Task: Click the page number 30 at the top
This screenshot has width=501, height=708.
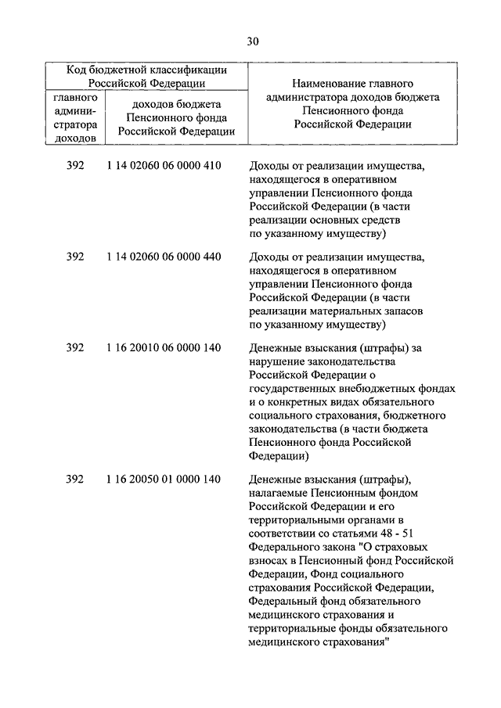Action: (x=250, y=41)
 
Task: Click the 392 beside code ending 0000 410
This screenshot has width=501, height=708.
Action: (x=75, y=166)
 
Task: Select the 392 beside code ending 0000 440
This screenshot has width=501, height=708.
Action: (x=75, y=256)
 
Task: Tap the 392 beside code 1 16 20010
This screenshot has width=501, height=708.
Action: (x=75, y=347)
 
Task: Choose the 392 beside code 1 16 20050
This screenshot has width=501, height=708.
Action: (x=75, y=479)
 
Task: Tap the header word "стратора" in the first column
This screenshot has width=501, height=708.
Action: (x=76, y=124)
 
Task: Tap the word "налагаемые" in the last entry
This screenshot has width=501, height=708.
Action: (x=279, y=493)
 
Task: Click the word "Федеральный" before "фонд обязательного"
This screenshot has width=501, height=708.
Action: (x=283, y=601)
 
